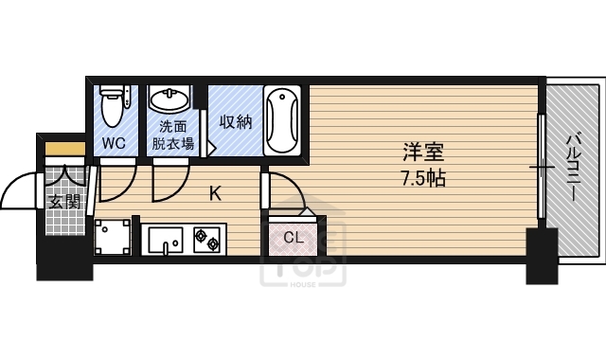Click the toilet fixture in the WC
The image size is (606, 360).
coord(113,106)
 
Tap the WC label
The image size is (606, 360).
coord(114,143)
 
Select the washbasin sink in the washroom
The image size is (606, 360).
coord(171,101)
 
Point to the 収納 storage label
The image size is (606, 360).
coord(236,122)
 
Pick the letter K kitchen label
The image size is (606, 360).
coord(216,193)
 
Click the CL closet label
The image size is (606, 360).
coord(294,237)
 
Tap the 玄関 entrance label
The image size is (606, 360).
coord(65,201)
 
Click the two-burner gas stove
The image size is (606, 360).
coord(206,238)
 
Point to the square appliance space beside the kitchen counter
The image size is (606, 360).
coord(113,237)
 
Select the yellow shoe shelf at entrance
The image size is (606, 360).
coord(64,149)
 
